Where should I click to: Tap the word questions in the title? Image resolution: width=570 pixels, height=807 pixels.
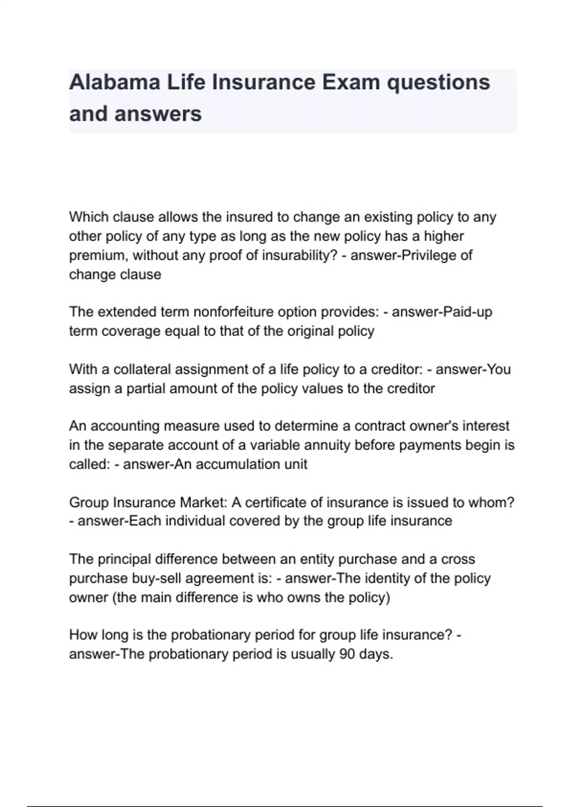click(438, 83)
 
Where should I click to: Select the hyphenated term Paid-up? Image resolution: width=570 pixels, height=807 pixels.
click(467, 312)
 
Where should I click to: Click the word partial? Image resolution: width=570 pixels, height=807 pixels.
click(146, 388)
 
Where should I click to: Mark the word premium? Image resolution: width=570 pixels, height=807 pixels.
click(97, 255)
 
